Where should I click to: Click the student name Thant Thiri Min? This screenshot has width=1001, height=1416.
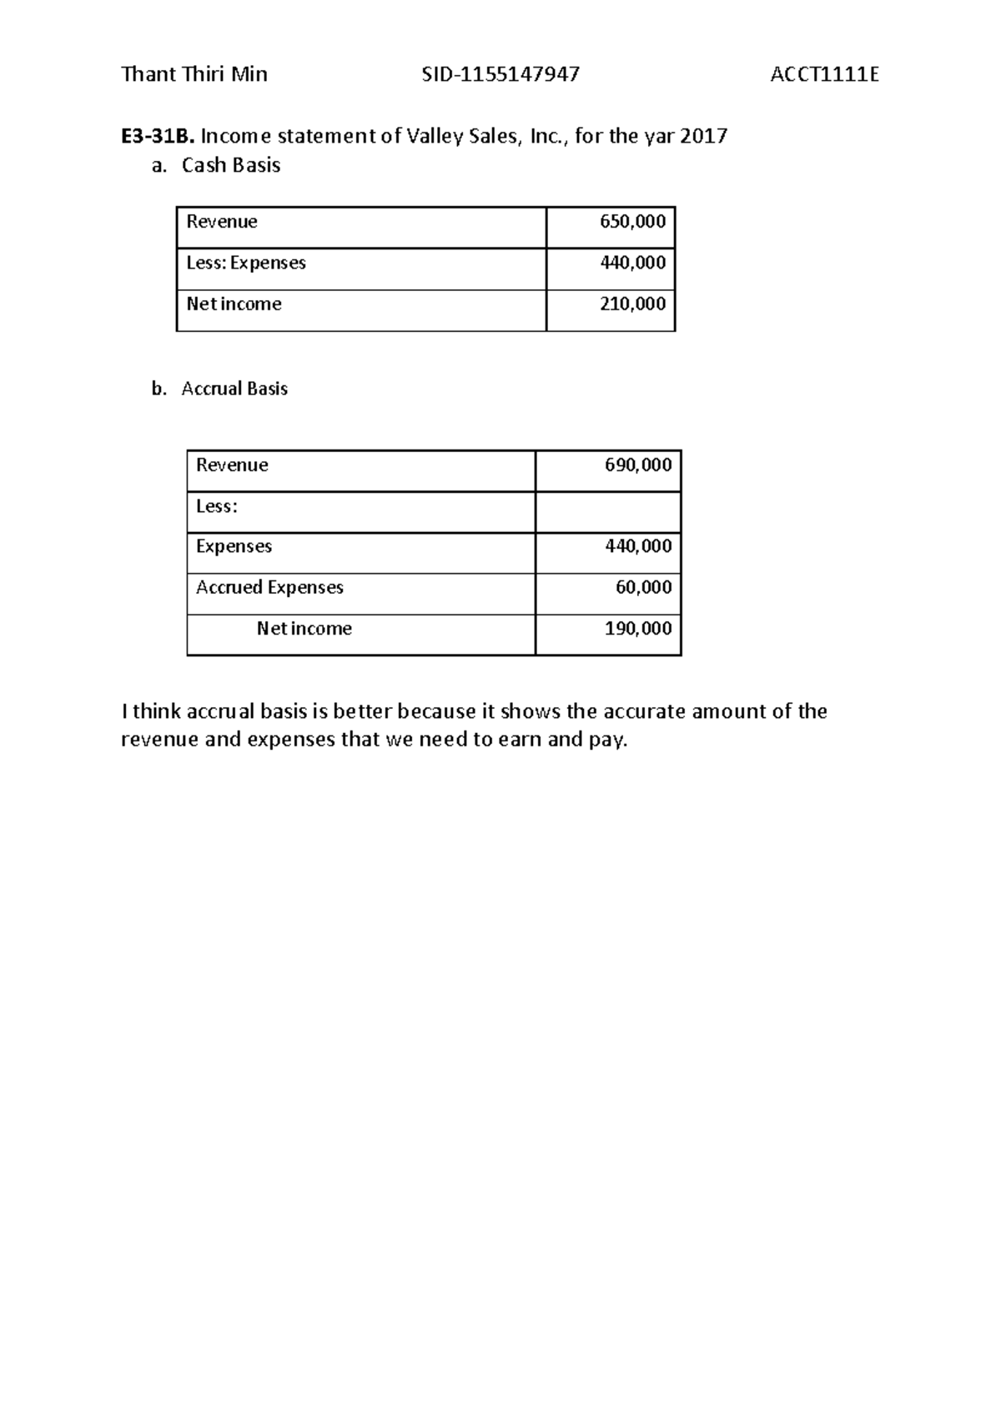pyautogui.click(x=194, y=75)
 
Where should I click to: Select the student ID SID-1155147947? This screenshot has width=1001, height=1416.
pyautogui.click(x=500, y=75)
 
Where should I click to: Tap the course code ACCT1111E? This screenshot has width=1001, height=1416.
pyautogui.click(x=824, y=75)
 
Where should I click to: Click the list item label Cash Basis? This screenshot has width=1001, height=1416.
pyautogui.click(x=231, y=165)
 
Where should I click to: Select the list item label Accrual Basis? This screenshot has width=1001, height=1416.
pyautogui.click(x=234, y=389)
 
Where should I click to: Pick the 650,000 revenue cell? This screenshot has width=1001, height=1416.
pyautogui.click(x=632, y=222)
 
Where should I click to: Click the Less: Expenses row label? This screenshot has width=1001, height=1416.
pyautogui.click(x=246, y=263)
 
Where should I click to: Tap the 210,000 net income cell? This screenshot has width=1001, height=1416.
pyautogui.click(x=632, y=304)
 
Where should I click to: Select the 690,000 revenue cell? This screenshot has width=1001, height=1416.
pyautogui.click(x=637, y=465)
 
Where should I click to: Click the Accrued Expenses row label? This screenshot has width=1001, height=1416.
pyautogui.click(x=269, y=588)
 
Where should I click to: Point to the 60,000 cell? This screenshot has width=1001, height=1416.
pyautogui.click(x=643, y=588)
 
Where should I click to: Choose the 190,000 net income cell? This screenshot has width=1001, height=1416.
pyautogui.click(x=637, y=629)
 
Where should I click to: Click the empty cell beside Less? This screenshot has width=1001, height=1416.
pyautogui.click(x=607, y=511)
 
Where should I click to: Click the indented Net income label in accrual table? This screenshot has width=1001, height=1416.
pyautogui.click(x=304, y=629)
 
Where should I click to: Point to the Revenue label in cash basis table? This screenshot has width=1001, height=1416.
pyautogui.click(x=222, y=222)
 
